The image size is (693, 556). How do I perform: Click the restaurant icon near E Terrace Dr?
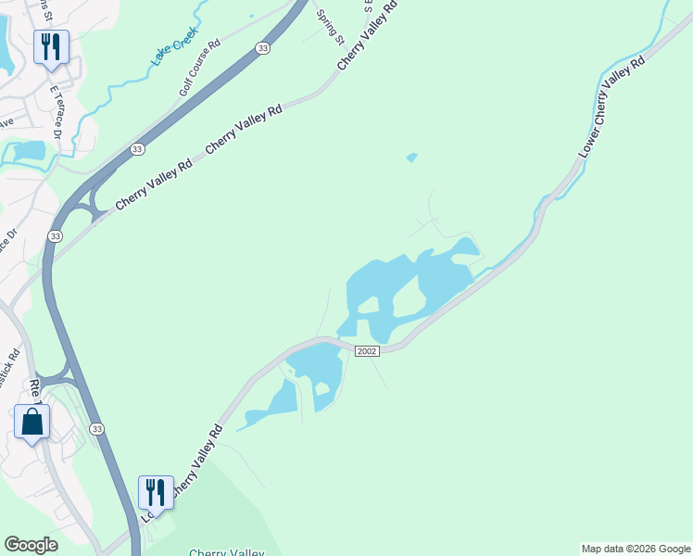click(51, 45)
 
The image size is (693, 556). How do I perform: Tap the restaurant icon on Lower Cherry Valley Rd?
click(156, 491)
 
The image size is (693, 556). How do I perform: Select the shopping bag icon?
click(32, 422)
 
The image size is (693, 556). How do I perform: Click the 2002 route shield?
click(367, 351)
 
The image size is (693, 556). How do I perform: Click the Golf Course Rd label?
click(199, 68)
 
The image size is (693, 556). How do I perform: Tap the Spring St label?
click(330, 29)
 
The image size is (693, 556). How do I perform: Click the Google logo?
click(31, 545)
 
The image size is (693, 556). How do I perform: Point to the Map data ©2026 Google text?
click(636, 549)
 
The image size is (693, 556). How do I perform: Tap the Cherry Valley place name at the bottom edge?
click(226, 552)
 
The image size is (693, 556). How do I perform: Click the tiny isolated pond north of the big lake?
click(411, 158)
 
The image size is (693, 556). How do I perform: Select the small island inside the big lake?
click(369, 306)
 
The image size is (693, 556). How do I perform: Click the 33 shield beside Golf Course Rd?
click(263, 49)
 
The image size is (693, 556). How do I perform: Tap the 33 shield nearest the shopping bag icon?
click(96, 428)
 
